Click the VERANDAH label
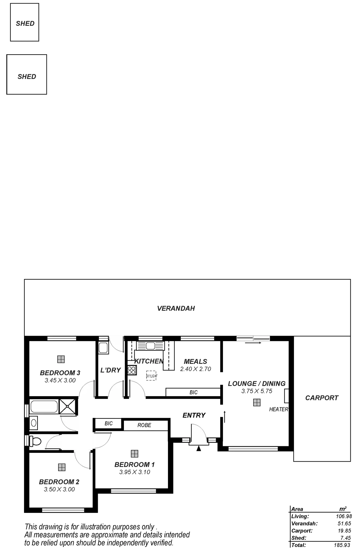[176, 308]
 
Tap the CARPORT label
[322, 398]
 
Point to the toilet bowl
[37, 441]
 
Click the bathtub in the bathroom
[44, 407]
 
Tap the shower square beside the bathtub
[68, 407]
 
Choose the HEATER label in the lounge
[278, 409]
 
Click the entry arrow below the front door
[198, 449]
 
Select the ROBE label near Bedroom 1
[144, 425]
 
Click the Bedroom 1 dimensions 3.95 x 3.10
[135, 472]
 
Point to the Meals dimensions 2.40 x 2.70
[196, 369]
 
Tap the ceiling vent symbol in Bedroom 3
[61, 359]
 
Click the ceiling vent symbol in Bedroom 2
[62, 467]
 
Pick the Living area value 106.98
[343, 516]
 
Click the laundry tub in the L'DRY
[103, 348]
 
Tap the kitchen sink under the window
[150, 346]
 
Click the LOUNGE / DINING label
[257, 383]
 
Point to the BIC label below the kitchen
[193, 392]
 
